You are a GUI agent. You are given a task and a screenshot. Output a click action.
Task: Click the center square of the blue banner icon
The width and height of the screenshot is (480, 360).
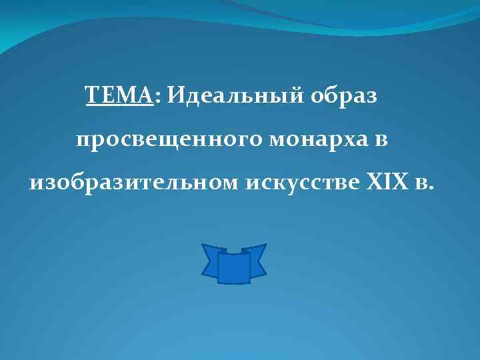click(233, 267)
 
